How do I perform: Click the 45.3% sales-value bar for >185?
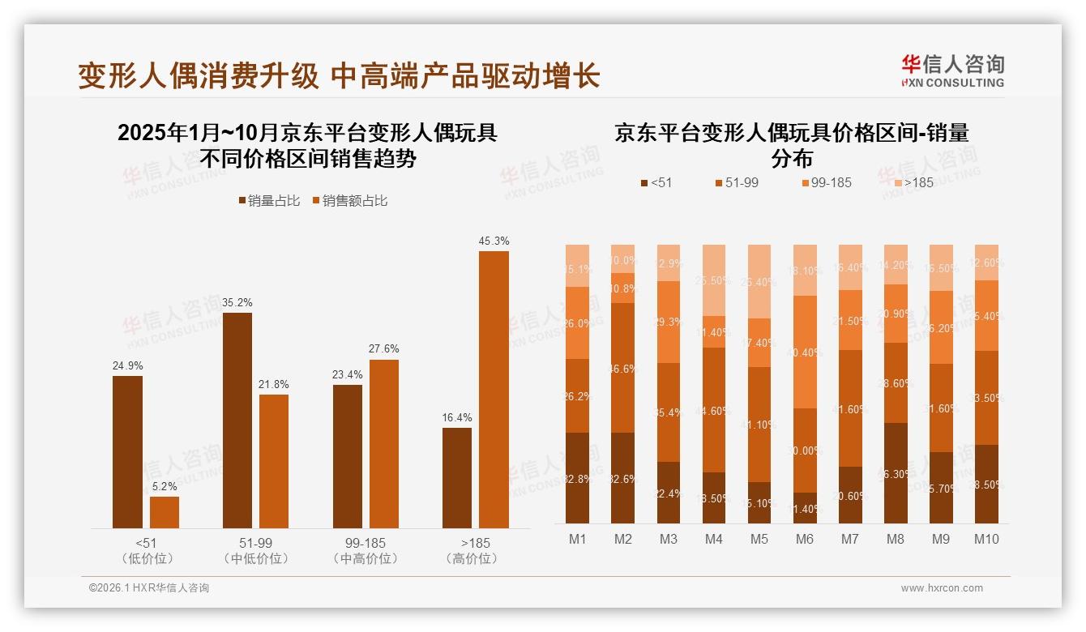pyautogui.click(x=494, y=390)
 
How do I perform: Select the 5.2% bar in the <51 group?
pyautogui.click(x=165, y=512)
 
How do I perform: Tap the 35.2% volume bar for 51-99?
pyautogui.click(x=237, y=421)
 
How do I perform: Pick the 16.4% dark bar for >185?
pyautogui.click(x=457, y=478)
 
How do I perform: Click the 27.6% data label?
pyautogui.click(x=383, y=348)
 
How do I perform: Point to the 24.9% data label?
pyautogui.click(x=127, y=365)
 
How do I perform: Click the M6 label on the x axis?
pyautogui.click(x=805, y=540)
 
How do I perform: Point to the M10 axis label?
pyautogui.click(x=986, y=540)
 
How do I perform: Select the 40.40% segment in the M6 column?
pyautogui.click(x=805, y=352)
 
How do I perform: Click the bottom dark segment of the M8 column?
pyautogui.click(x=896, y=473)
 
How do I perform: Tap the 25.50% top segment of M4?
pyautogui.click(x=714, y=280)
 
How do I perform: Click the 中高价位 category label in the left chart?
pyautogui.click(x=365, y=558)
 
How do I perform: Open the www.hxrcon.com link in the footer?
pyautogui.click(x=942, y=588)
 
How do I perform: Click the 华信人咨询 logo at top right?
pyautogui.click(x=952, y=70)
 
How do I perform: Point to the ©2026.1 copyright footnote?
pyautogui.click(x=148, y=588)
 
